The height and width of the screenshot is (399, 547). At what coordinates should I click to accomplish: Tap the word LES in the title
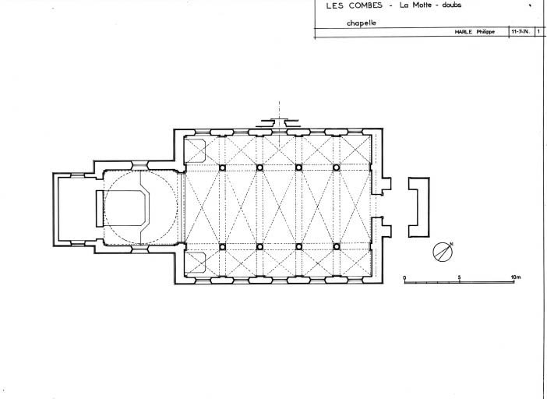tap(334, 5)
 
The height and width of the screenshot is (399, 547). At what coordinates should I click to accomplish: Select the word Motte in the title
tap(422, 5)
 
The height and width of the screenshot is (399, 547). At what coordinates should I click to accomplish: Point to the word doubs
tap(451, 5)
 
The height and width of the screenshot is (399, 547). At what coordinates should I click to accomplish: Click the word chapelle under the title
tap(362, 23)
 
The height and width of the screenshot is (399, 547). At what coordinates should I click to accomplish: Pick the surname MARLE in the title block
tap(464, 32)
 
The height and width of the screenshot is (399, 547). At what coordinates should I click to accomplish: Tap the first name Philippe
tap(485, 32)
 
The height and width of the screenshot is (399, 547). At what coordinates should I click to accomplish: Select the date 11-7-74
tap(521, 31)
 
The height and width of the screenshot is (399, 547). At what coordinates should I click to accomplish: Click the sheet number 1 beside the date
tap(538, 31)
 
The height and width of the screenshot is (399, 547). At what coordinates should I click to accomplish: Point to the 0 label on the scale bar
tap(404, 277)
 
